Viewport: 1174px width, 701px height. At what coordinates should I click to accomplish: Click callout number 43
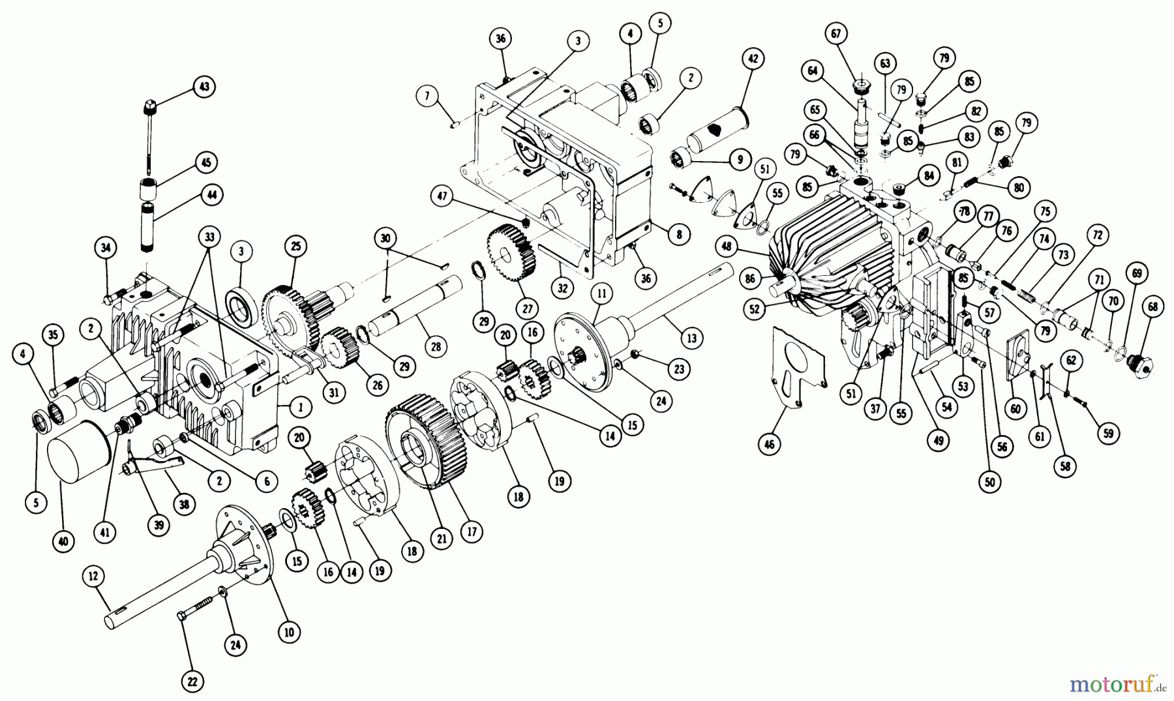pyautogui.click(x=205, y=87)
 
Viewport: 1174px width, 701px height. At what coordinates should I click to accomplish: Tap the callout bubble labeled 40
pyautogui.click(x=67, y=541)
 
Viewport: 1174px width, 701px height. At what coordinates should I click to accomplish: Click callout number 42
pyautogui.click(x=753, y=59)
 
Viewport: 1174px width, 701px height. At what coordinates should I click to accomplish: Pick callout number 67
pyautogui.click(x=837, y=34)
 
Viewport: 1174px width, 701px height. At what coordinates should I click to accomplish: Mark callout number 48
pyautogui.click(x=728, y=246)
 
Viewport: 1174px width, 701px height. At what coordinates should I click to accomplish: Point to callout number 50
pyautogui.click(x=991, y=482)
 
